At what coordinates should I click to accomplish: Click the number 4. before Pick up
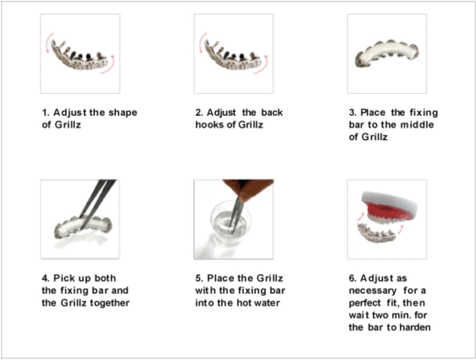45,278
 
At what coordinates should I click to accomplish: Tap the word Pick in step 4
63,278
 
